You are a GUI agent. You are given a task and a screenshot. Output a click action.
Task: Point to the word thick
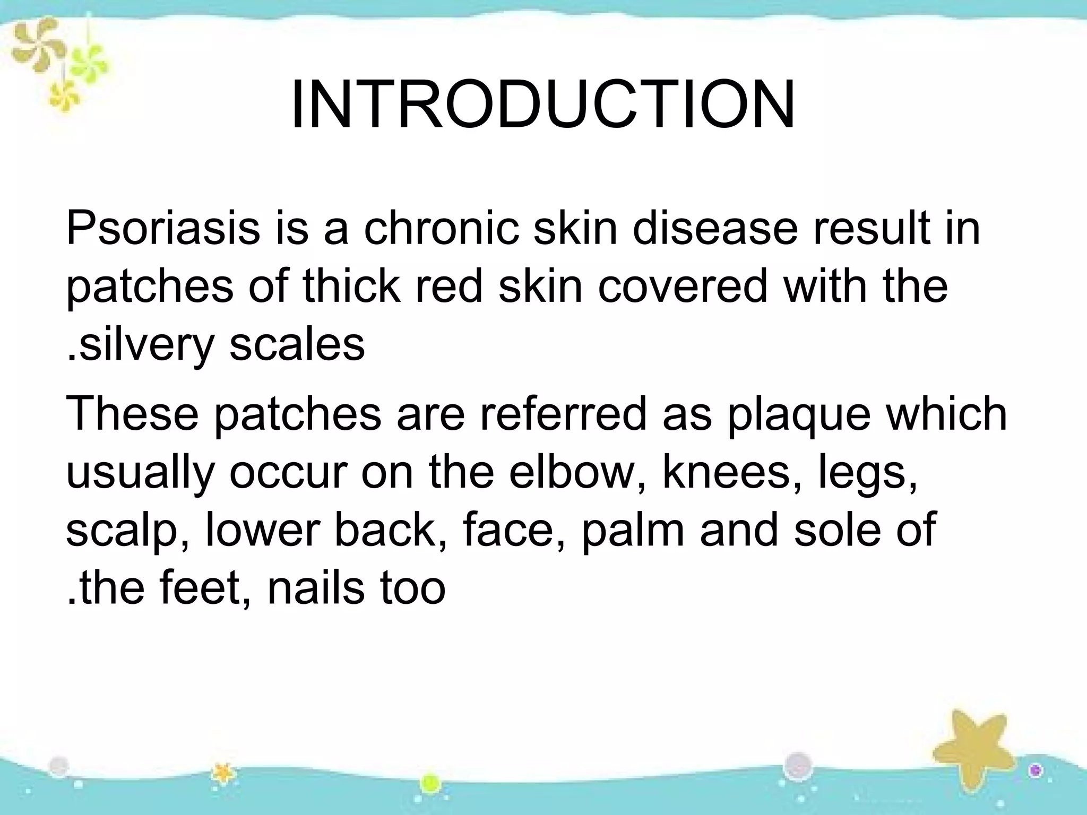[351, 287]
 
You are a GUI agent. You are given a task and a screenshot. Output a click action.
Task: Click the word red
[448, 287]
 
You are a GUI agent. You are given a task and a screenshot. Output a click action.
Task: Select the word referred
[563, 414]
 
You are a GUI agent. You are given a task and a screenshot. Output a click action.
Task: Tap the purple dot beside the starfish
[1036, 770]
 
